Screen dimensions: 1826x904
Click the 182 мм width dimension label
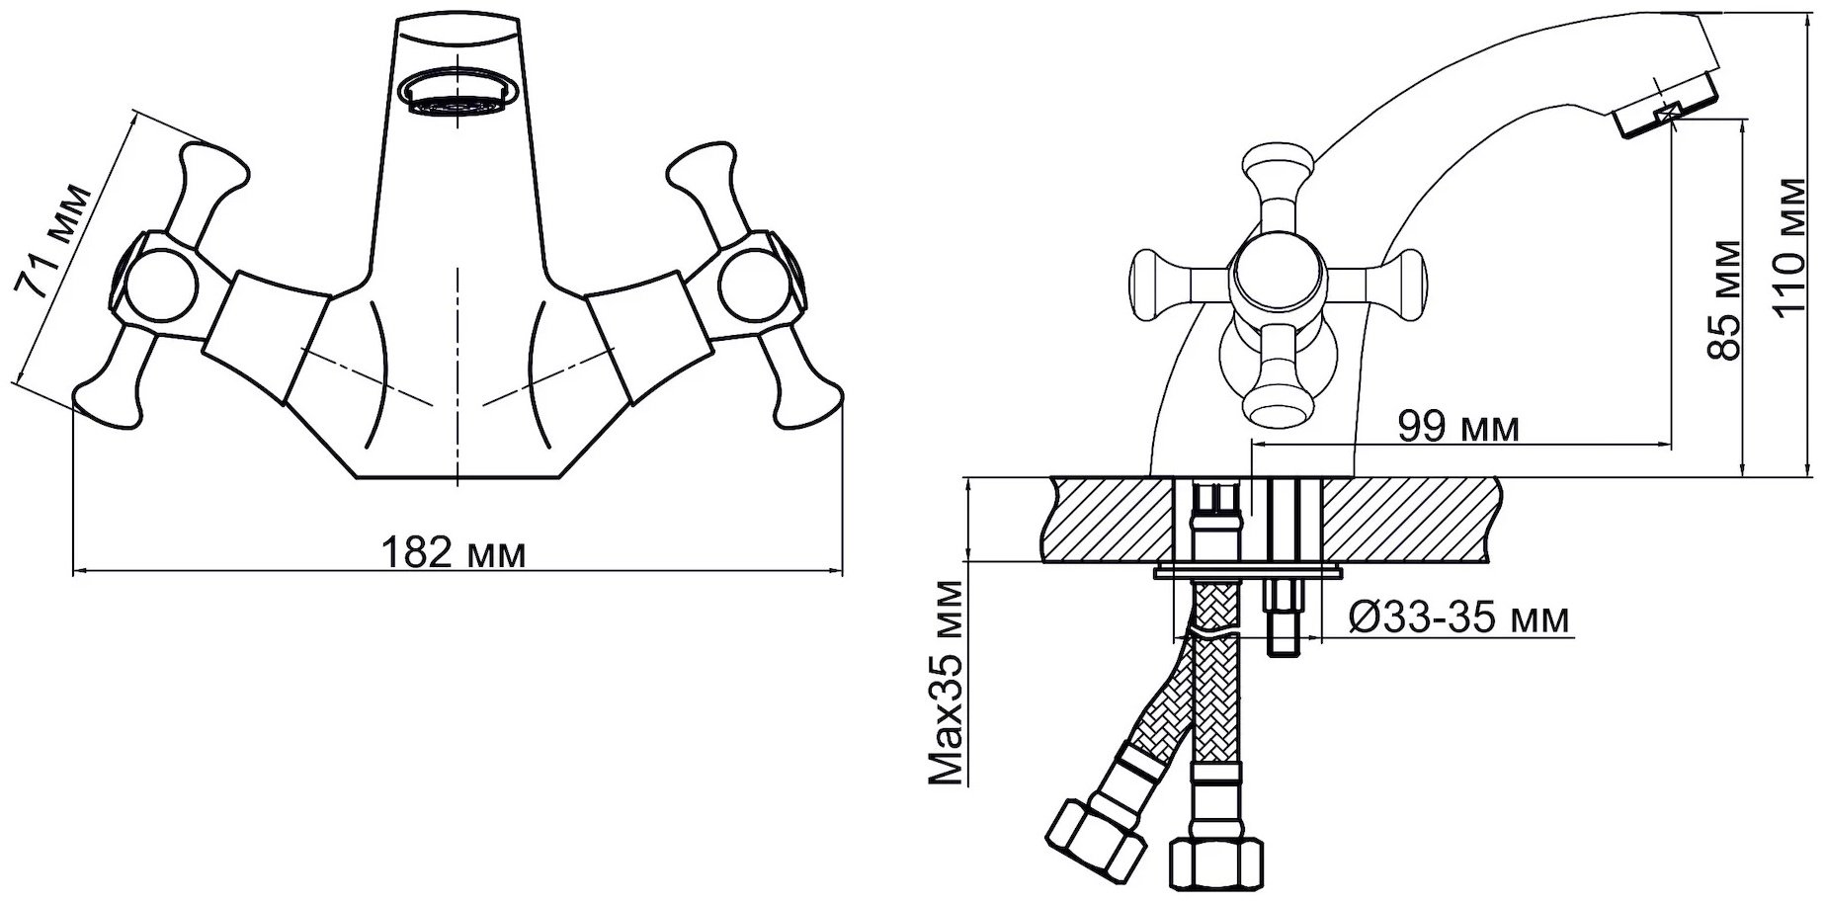coord(454,551)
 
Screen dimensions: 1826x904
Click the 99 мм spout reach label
coord(1458,428)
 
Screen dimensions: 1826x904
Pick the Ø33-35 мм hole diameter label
coord(1457,618)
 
